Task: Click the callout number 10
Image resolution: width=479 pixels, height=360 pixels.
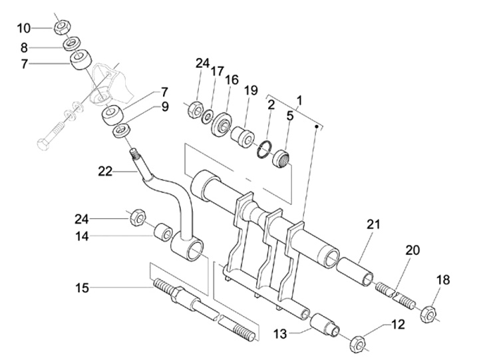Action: click(24, 29)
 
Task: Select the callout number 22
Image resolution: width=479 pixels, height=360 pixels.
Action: click(105, 172)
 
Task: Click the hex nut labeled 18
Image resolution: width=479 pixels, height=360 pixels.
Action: click(428, 313)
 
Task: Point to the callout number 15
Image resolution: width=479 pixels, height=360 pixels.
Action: click(82, 288)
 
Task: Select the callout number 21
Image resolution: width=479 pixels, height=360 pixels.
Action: click(373, 225)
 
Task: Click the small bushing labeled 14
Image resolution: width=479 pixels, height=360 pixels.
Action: click(162, 233)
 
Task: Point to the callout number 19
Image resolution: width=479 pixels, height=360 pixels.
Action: click(251, 90)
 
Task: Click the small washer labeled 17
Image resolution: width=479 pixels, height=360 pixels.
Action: click(208, 116)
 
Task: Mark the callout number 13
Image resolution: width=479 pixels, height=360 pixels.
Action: click(280, 334)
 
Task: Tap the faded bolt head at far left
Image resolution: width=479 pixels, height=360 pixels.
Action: click(43, 144)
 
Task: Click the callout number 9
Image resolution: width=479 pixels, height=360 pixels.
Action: click(165, 107)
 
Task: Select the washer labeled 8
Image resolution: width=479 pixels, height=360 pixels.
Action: click(71, 43)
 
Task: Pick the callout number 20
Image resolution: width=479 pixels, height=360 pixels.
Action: click(412, 251)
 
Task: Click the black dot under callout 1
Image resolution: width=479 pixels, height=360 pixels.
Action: click(317, 126)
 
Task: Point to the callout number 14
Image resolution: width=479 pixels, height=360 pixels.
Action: click(82, 236)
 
